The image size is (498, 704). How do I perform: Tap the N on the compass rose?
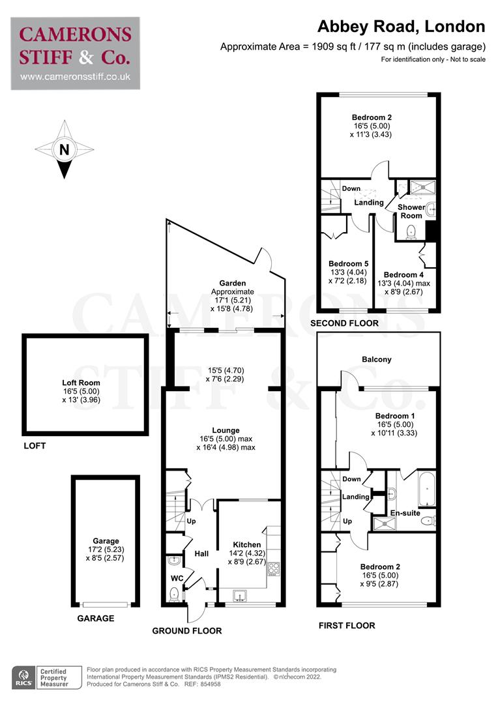[64, 149]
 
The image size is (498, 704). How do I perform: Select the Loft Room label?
[84, 384]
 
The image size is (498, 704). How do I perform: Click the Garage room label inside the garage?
[106, 540]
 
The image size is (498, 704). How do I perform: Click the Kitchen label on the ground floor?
[247, 544]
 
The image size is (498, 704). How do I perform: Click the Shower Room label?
[411, 211]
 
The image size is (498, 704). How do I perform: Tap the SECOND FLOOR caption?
[344, 323]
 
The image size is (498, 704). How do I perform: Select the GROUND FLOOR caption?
[186, 630]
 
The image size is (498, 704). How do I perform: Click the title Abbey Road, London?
[401, 27]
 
